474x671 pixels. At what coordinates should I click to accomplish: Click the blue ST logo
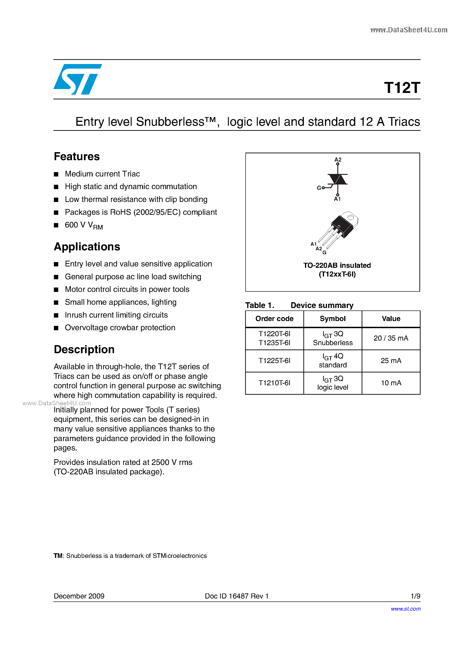[77, 79]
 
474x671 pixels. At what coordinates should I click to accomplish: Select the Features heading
[77, 157]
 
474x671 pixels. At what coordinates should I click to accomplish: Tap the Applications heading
[87, 247]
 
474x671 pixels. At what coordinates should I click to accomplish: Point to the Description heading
[84, 349]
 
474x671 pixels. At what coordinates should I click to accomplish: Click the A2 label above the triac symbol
[338, 159]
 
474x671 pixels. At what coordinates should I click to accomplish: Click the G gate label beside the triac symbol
[319, 188]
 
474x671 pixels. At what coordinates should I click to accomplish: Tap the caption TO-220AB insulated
[337, 265]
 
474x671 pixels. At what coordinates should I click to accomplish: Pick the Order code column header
[274, 319]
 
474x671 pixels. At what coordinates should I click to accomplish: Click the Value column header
[391, 319]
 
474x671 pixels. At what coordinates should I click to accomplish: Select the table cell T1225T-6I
[274, 361]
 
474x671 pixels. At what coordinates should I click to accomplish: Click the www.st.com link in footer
[406, 609]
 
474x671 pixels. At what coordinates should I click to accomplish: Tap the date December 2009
[79, 596]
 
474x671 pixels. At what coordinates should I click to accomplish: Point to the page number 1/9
[415, 596]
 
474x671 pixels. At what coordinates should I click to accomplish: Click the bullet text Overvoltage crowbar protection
[120, 328]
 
